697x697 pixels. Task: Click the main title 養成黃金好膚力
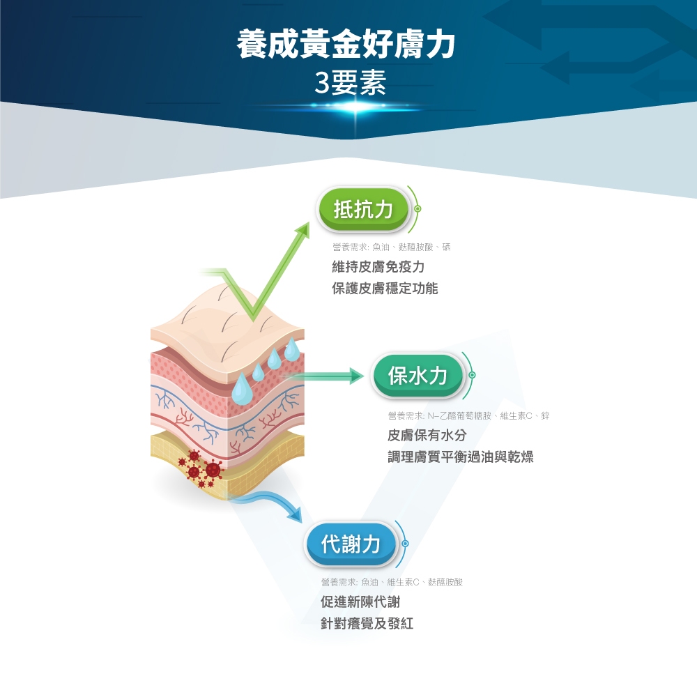[x=346, y=43]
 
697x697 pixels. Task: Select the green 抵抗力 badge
[x=363, y=208]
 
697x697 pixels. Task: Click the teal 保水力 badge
[x=418, y=376]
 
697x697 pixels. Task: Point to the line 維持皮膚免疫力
[x=378, y=267]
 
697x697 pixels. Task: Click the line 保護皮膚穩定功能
[x=385, y=288]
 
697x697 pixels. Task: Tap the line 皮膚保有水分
[x=427, y=436]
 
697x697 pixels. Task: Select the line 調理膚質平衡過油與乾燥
[x=461, y=457]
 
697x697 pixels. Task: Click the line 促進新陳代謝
[x=360, y=602]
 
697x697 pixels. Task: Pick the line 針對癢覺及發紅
[x=367, y=623]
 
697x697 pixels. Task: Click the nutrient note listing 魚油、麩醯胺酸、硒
[x=392, y=247]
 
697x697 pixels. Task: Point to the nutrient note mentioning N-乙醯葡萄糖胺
[x=468, y=416]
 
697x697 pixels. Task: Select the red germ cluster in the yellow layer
[x=200, y=468]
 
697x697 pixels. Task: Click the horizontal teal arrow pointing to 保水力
[x=328, y=376]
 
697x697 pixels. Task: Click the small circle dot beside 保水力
[x=472, y=376]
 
